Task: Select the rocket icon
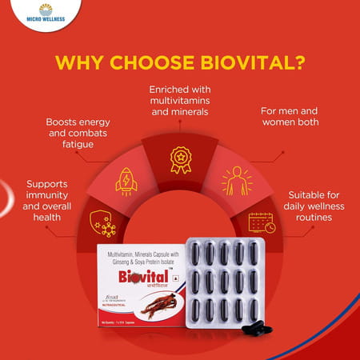point(126,180)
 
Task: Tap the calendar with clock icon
point(261,223)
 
